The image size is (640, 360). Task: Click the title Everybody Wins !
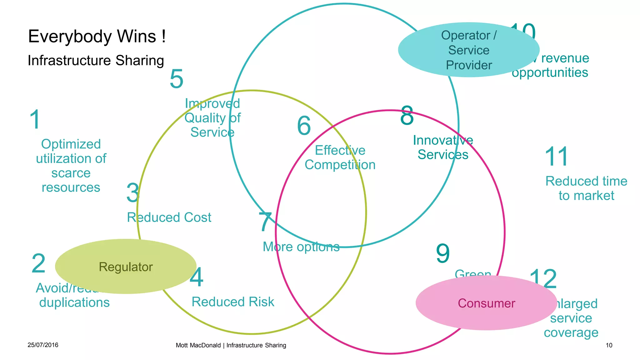point(97,37)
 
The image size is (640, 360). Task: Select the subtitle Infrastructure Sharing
point(96,60)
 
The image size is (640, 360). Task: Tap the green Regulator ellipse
point(126,267)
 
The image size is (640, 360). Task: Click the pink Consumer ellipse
point(486,303)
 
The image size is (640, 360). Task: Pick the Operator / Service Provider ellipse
point(468,50)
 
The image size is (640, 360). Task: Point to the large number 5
point(177,79)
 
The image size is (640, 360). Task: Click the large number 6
point(304,126)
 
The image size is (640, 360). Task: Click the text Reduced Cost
point(169,217)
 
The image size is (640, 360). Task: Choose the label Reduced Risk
point(233,302)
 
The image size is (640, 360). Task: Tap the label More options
point(301,247)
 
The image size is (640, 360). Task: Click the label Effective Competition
point(340,157)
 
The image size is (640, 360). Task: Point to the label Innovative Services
point(443,147)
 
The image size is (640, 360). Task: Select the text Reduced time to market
point(586,188)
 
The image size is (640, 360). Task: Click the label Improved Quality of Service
point(212,118)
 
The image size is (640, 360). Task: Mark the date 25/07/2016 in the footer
point(43,345)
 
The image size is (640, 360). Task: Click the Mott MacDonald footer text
point(231,345)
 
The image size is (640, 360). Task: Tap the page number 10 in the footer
point(609,345)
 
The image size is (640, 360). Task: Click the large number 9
point(443,253)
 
